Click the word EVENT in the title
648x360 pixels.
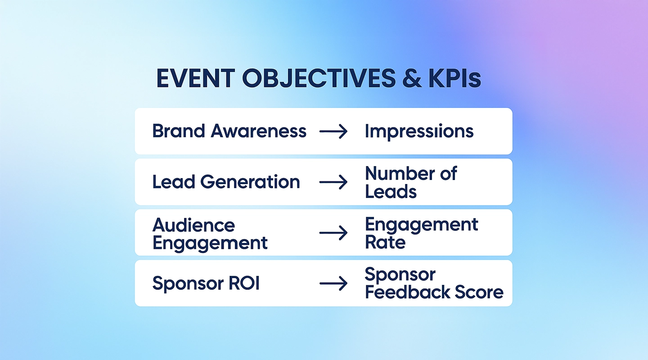point(195,78)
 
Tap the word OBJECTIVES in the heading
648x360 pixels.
point(319,78)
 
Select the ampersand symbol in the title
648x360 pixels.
point(412,78)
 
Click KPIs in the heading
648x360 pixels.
point(455,78)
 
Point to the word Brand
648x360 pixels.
point(179,131)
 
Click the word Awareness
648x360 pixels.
point(258,131)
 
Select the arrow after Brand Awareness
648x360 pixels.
point(333,131)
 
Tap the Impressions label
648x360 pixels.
point(419,132)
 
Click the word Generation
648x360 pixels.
point(250,182)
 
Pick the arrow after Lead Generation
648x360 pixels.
point(333,182)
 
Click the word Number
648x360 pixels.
point(399,174)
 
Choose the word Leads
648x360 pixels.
point(391,192)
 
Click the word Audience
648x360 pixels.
point(193,225)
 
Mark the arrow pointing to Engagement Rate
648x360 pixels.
point(333,233)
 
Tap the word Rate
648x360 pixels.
point(385,242)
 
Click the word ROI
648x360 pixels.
point(244,283)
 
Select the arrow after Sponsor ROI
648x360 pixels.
point(333,283)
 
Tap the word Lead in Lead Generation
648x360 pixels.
point(174,182)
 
